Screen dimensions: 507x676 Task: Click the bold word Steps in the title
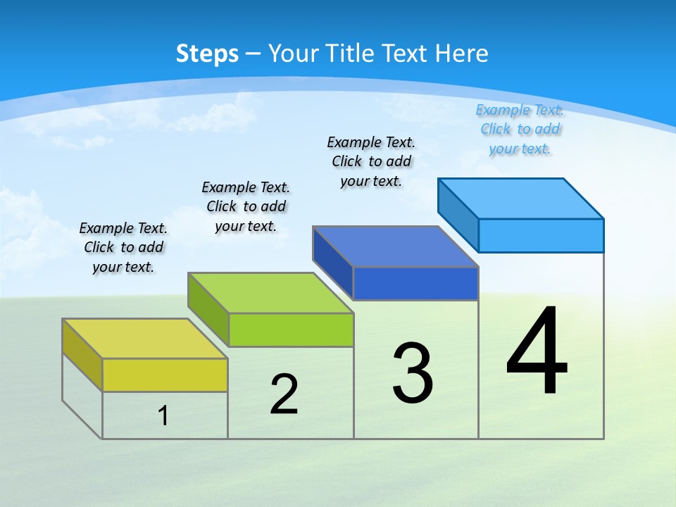[x=207, y=54]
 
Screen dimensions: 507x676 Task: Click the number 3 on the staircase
[x=413, y=373]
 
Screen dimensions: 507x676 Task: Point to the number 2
[x=284, y=394]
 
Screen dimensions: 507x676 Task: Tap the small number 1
[x=163, y=415]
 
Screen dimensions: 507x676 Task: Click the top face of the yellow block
[x=144, y=339]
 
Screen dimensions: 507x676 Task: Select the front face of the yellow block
[x=165, y=375]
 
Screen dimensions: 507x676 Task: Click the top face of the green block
[x=270, y=293]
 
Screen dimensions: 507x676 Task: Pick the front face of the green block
[x=291, y=330]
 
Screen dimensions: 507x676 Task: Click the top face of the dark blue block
[x=396, y=246]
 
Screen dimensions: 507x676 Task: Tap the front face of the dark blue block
[x=415, y=283]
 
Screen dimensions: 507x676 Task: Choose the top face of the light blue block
[x=521, y=199]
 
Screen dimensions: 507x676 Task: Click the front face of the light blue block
[x=541, y=235]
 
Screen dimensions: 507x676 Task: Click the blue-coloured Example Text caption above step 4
[x=520, y=130]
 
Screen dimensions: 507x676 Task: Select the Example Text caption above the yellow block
[x=123, y=247]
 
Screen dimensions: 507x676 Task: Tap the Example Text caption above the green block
[x=246, y=206]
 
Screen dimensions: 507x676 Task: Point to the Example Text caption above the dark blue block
[x=371, y=161]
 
